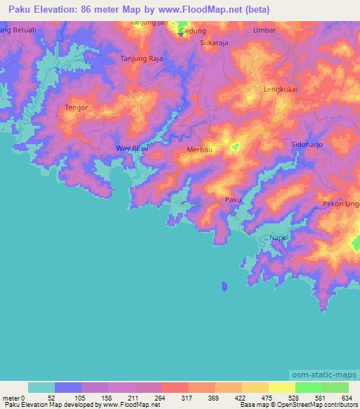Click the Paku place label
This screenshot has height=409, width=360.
pyautogui.click(x=233, y=200)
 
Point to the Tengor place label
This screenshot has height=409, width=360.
pyautogui.click(x=75, y=108)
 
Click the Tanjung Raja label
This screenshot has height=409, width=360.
pyautogui.click(x=142, y=59)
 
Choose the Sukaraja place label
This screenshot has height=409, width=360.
pyautogui.click(x=214, y=42)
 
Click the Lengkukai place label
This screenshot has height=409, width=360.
pyautogui.click(x=278, y=89)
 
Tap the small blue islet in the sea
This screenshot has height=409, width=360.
pyautogui.click(x=224, y=286)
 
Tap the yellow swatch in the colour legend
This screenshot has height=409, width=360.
pyautogui.click(x=281, y=387)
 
